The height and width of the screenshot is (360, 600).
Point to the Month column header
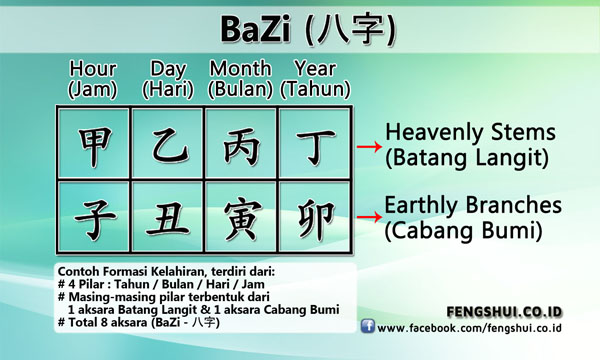click(x=242, y=78)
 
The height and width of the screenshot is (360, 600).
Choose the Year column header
click(x=315, y=78)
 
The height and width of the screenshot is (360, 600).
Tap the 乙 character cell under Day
click(x=168, y=144)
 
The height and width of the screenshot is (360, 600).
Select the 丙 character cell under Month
click(x=241, y=144)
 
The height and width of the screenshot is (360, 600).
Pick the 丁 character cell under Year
click(x=314, y=144)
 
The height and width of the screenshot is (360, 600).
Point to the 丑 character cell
click(x=168, y=218)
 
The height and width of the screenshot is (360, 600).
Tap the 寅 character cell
click(x=241, y=218)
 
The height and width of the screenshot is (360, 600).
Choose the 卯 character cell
click(x=314, y=218)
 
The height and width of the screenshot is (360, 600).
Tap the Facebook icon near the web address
click(x=367, y=327)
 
